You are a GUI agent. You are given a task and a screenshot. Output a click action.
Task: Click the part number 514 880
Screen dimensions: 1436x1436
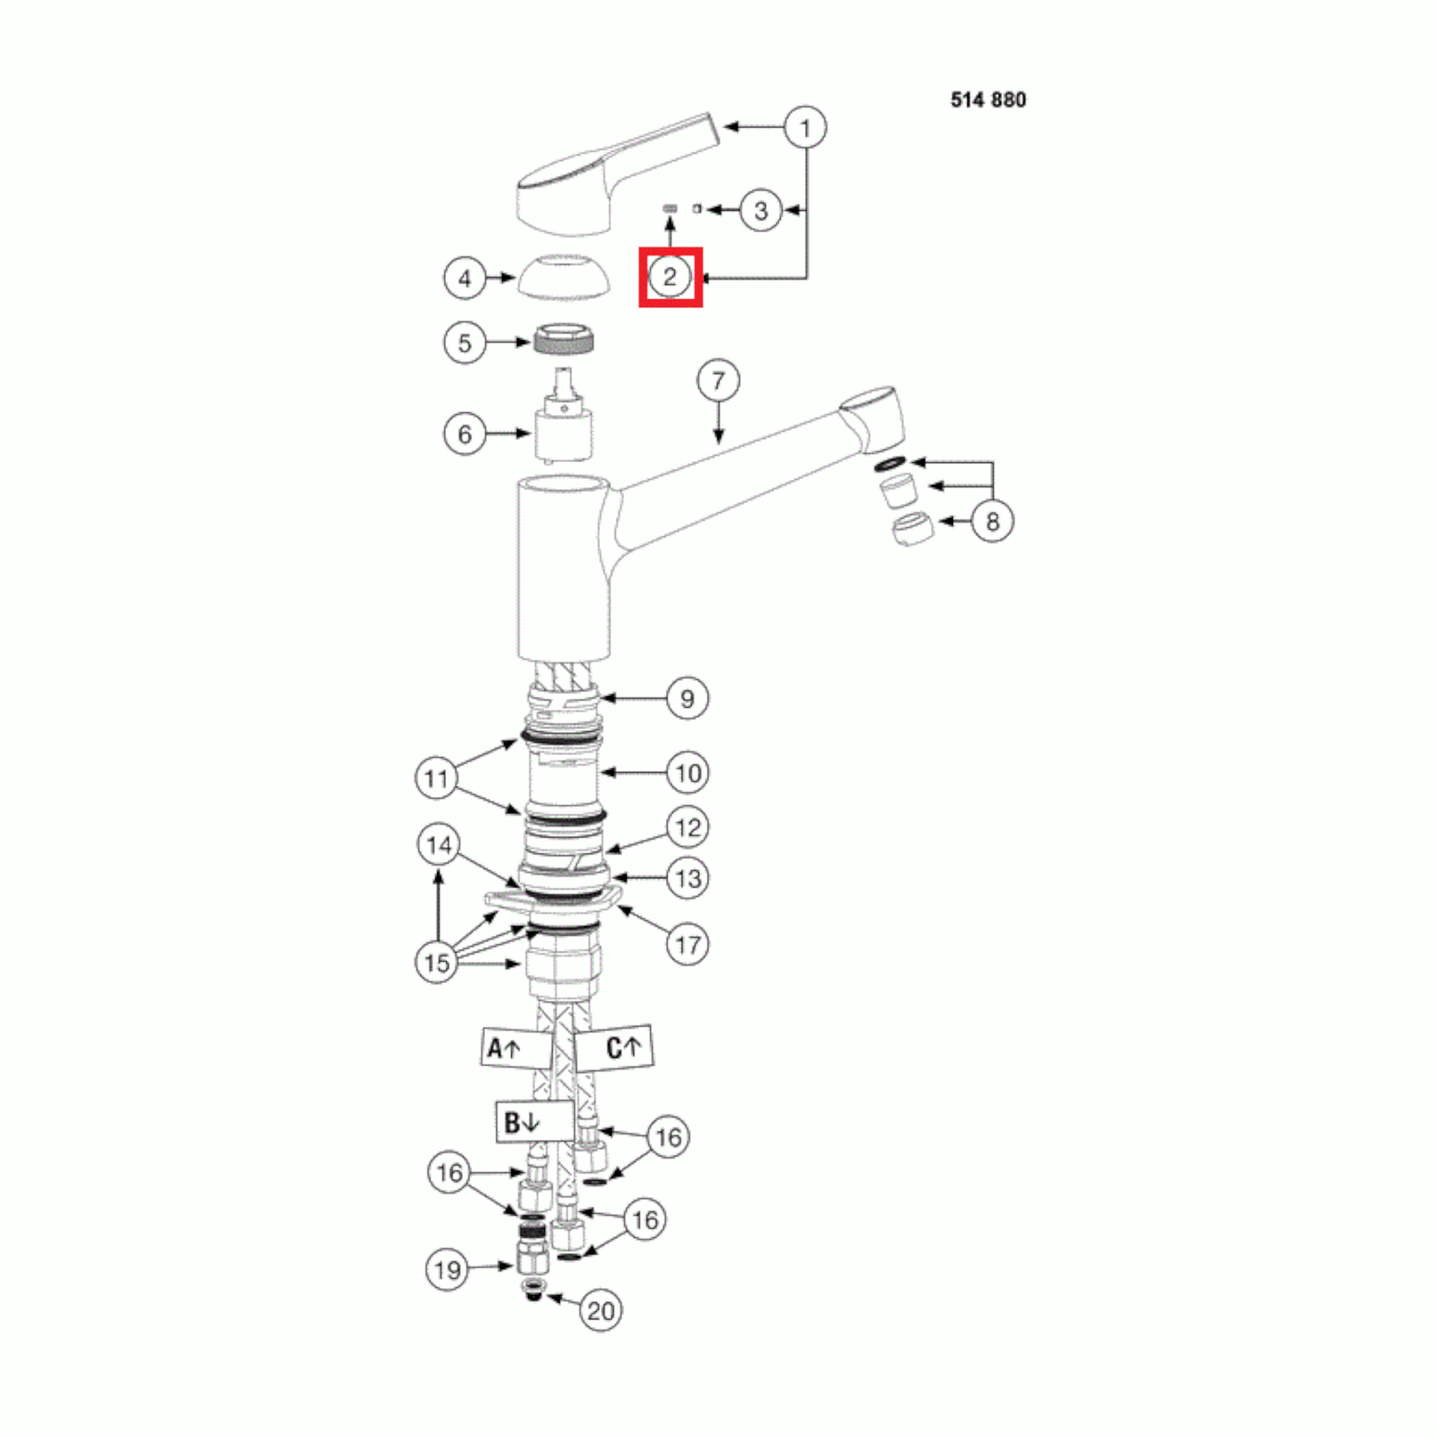[x=988, y=99]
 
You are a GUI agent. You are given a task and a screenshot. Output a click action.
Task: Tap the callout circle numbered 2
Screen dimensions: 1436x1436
[x=670, y=277]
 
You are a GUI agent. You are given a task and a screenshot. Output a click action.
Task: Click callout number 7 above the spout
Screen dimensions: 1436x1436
[x=718, y=381]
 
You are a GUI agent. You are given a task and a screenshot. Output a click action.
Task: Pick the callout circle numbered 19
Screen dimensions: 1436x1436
[x=447, y=1269]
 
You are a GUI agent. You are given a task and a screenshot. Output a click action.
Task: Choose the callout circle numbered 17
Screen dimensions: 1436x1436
[x=688, y=945]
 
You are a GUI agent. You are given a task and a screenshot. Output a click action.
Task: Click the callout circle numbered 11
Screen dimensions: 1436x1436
[x=437, y=778]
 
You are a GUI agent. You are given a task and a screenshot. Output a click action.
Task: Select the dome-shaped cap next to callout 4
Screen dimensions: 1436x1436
[x=563, y=276]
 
